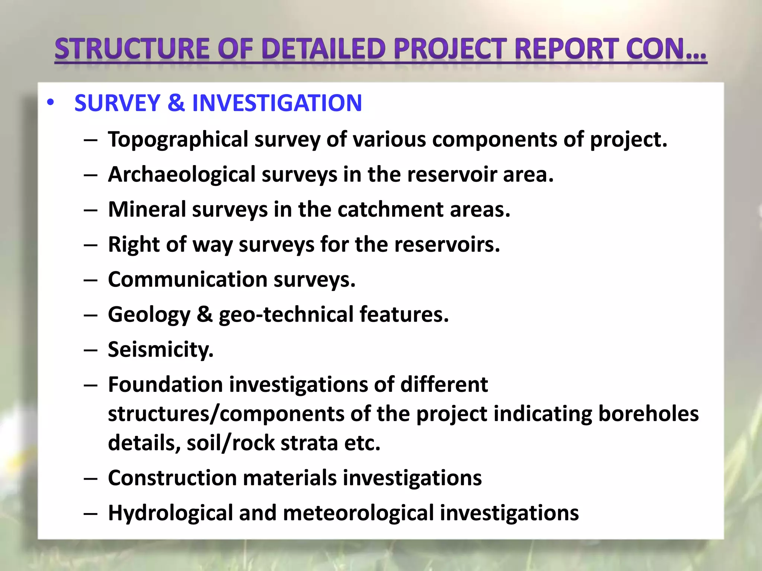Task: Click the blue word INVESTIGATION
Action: pyautogui.click(x=277, y=103)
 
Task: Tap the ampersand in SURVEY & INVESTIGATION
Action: pyautogui.click(x=176, y=103)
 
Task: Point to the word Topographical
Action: pyautogui.click(x=178, y=140)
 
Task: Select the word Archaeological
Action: pyautogui.click(x=182, y=175)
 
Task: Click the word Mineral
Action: pyautogui.click(x=147, y=209)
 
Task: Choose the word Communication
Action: pyautogui.click(x=188, y=280)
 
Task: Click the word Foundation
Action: pyautogui.click(x=166, y=384)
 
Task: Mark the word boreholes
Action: pyautogui.click(x=648, y=414)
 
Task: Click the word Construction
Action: pyautogui.click(x=172, y=478)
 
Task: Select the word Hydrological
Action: pyautogui.click(x=170, y=513)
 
